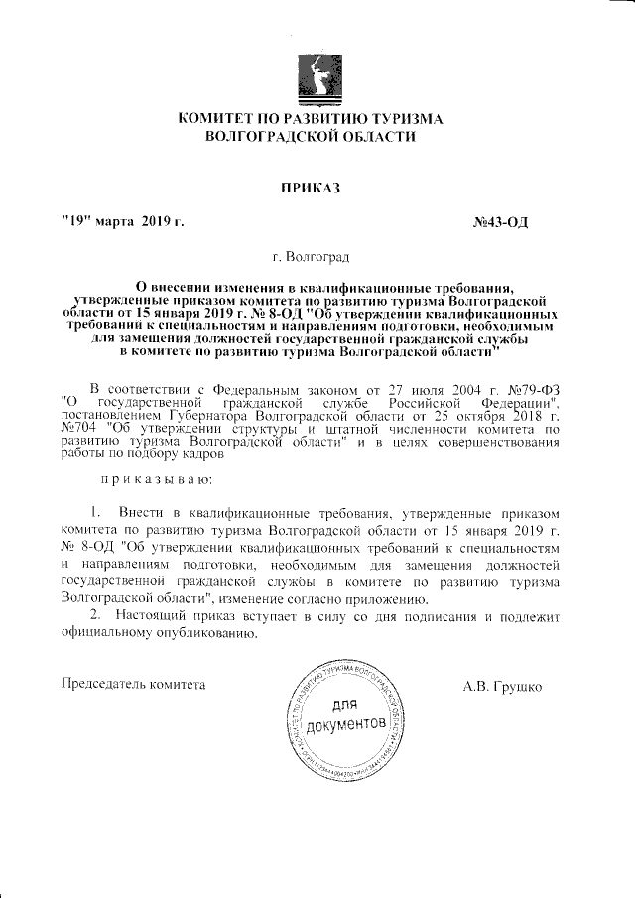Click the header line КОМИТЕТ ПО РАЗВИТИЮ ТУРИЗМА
click(310, 119)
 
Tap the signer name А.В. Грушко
click(502, 686)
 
